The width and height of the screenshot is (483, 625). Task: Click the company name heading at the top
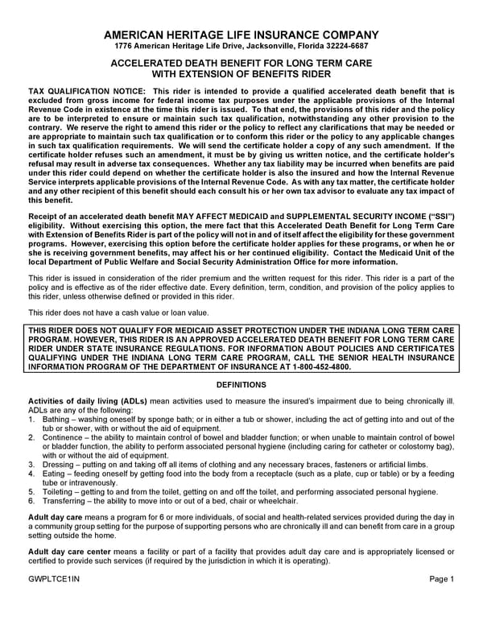click(x=242, y=35)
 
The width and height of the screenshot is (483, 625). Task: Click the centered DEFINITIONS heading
click(x=242, y=385)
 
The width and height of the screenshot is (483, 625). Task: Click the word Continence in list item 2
click(x=62, y=437)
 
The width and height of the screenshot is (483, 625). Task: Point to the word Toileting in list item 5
click(x=59, y=491)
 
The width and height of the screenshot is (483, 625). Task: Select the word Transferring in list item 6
click(x=64, y=500)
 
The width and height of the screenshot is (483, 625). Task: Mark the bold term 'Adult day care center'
click(x=72, y=552)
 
